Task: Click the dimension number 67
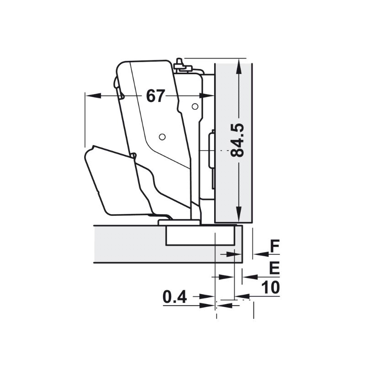[156, 96]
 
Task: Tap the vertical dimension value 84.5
[237, 140]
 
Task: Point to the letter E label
[274, 268]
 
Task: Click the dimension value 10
[270, 287]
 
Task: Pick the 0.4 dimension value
[175, 297]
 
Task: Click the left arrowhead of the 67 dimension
[93, 96]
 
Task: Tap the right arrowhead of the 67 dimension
[206, 96]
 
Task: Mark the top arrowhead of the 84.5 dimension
[238, 67]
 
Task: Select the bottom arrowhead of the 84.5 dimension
[238, 214]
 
